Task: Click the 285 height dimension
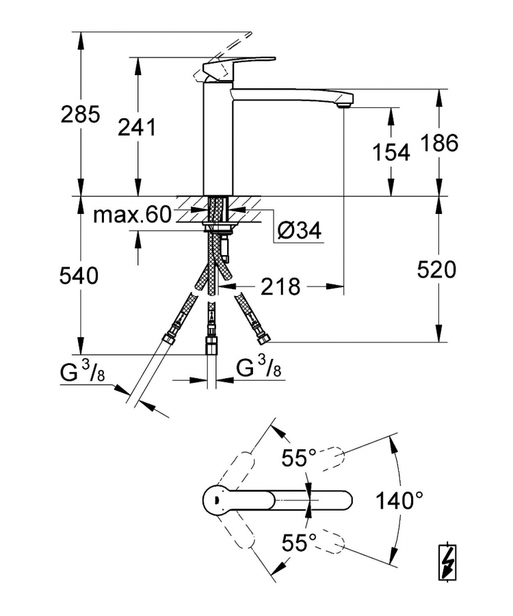pyautogui.click(x=81, y=114)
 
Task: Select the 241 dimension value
pyautogui.click(x=137, y=127)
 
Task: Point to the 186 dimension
pyautogui.click(x=440, y=143)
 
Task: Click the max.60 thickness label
pyautogui.click(x=133, y=215)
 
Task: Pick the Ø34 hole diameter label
pyautogui.click(x=299, y=230)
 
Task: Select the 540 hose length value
pyautogui.click(x=79, y=276)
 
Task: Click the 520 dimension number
pyautogui.click(x=437, y=270)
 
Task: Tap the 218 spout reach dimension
pyautogui.click(x=280, y=286)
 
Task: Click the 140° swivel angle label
pyautogui.click(x=399, y=500)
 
